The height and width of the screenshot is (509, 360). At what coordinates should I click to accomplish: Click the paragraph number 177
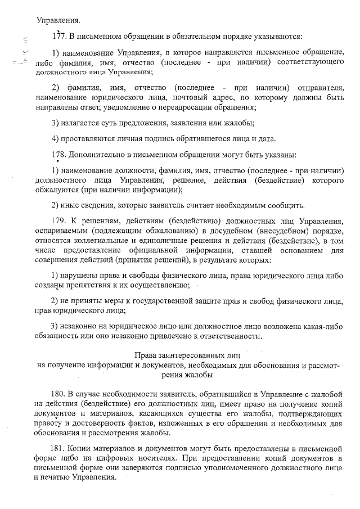pos(58,37)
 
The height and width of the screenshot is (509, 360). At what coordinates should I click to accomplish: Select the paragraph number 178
pos(58,154)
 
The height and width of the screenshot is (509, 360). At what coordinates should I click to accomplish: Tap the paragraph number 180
pos(58,395)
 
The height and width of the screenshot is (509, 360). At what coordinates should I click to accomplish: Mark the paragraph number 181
pos(58,448)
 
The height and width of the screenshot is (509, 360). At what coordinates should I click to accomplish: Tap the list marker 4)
pos(55,138)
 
